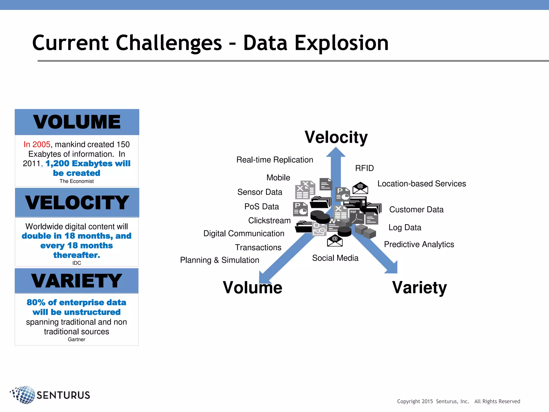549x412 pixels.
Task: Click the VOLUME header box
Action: coord(77,122)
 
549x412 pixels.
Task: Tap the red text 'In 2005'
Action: coord(37,144)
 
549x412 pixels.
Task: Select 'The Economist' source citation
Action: coord(77,181)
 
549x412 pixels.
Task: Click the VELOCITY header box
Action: coord(77,203)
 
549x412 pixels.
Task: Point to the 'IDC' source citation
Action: coord(77,263)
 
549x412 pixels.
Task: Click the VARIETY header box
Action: coord(77,281)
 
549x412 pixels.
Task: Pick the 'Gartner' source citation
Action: coord(76,340)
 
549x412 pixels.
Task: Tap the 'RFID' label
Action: coord(364,168)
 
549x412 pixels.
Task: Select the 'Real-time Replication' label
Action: coord(274,160)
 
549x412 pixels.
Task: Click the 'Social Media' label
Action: coord(335,258)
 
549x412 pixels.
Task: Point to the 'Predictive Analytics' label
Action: coord(419,244)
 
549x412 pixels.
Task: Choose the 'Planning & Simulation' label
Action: coord(220,260)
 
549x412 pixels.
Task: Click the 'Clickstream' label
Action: coord(269,220)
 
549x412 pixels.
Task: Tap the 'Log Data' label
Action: coord(405,227)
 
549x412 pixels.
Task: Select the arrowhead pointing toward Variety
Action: coord(392,268)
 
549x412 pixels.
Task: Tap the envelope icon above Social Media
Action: coord(335,241)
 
